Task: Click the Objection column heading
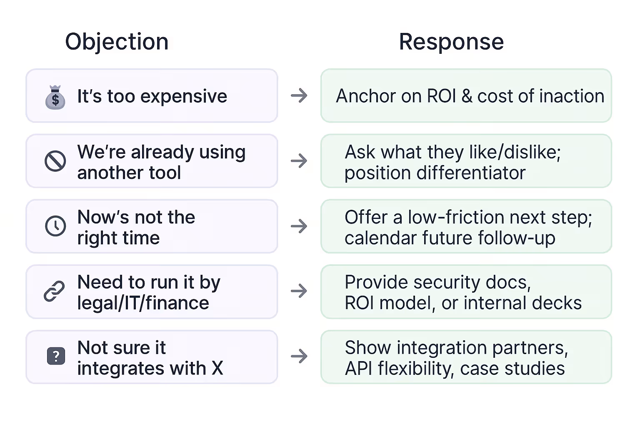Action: [x=117, y=42]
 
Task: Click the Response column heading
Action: [x=451, y=42]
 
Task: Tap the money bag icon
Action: [x=55, y=98]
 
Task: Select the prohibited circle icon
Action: [x=55, y=161]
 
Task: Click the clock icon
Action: [x=55, y=226]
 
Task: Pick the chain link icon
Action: [x=55, y=291]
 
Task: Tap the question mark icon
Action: [x=56, y=356]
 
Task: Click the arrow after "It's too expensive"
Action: [x=299, y=95]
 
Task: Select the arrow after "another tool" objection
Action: [x=299, y=161]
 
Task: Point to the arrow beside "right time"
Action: [x=299, y=226]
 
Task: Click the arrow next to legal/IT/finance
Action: [x=299, y=291]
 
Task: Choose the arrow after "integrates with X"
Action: [x=299, y=356]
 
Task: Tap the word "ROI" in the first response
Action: [x=442, y=96]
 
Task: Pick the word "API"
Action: [x=359, y=369]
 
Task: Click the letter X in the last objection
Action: [x=217, y=369]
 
